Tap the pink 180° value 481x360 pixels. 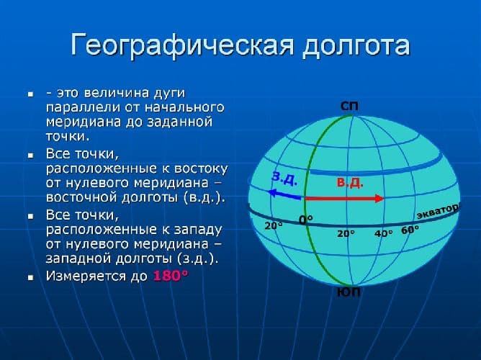point(170,276)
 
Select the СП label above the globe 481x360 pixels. point(349,107)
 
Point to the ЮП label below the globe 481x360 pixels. point(349,293)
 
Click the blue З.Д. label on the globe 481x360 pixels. point(286,177)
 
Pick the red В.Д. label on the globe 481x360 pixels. point(350,183)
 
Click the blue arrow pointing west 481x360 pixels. point(283,192)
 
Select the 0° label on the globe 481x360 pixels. point(307,220)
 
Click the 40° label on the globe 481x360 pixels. point(384,233)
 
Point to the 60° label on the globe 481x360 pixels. point(410,230)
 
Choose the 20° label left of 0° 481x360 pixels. point(274,225)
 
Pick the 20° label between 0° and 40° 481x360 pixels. point(346,234)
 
